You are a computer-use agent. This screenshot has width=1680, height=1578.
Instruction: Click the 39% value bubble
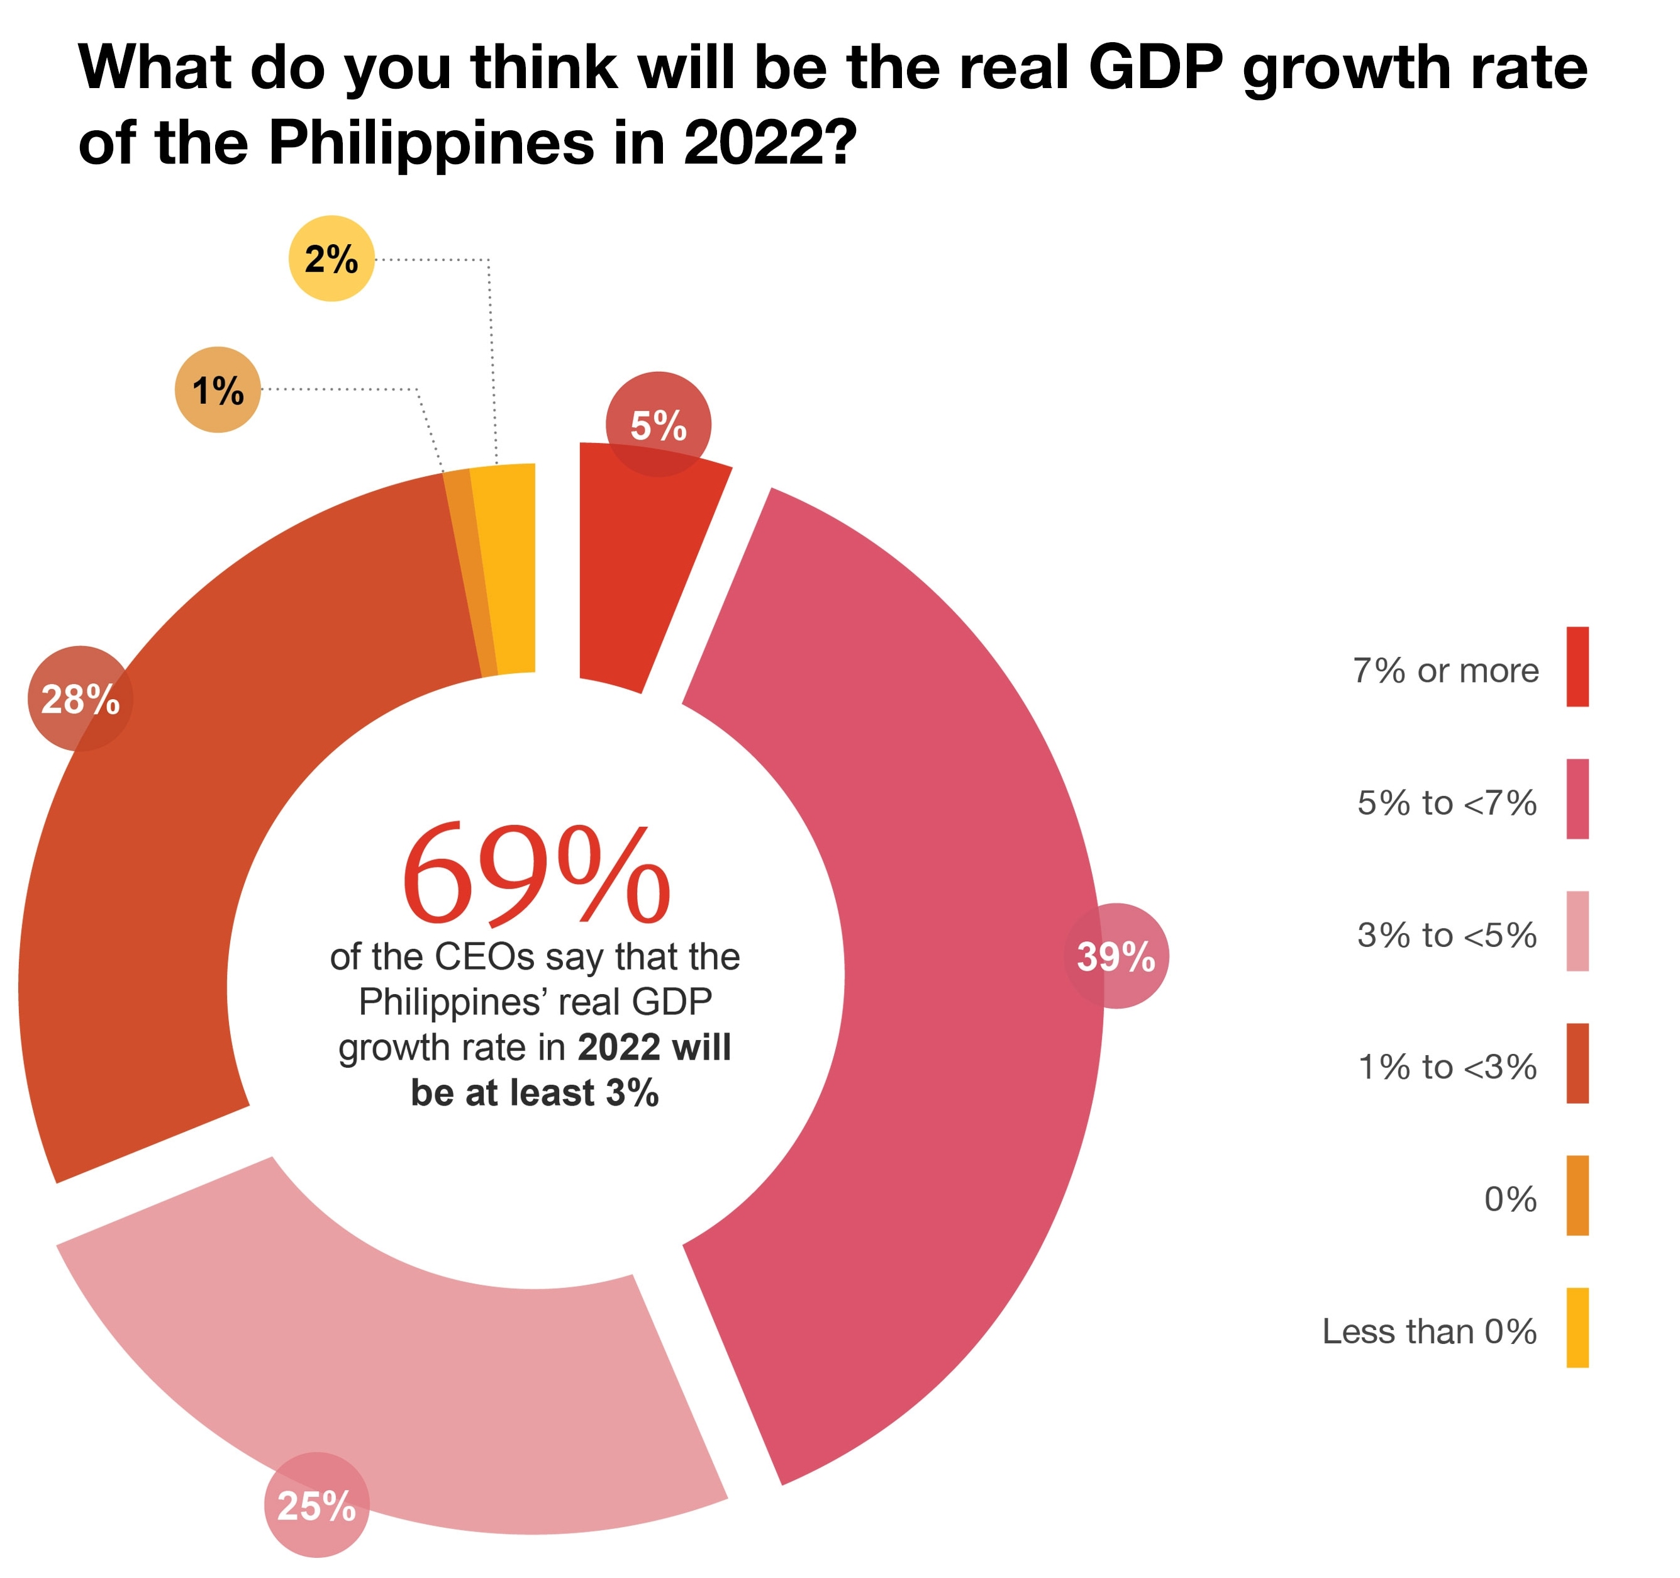pos(1116,956)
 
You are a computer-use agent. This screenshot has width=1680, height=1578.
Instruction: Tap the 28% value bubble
pos(81,698)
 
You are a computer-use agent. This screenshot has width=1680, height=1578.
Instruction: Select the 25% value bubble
pos(317,1504)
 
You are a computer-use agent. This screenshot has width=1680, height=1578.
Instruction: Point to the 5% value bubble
pos(659,424)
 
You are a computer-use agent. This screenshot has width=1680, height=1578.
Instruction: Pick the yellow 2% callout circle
pos(331,259)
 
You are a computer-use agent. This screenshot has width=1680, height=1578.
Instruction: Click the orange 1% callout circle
pos(218,389)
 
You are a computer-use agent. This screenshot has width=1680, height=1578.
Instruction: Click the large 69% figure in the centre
pos(536,875)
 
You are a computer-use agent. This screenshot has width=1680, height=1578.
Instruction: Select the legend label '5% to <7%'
pos(1447,802)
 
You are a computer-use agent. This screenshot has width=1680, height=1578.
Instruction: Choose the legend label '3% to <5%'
pos(1447,935)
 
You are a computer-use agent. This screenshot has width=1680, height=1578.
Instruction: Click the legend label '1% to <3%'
pos(1447,1066)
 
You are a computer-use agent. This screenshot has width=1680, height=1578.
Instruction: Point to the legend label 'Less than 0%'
pos(1429,1331)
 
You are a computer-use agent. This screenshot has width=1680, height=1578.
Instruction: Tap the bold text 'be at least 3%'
pos(535,1093)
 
